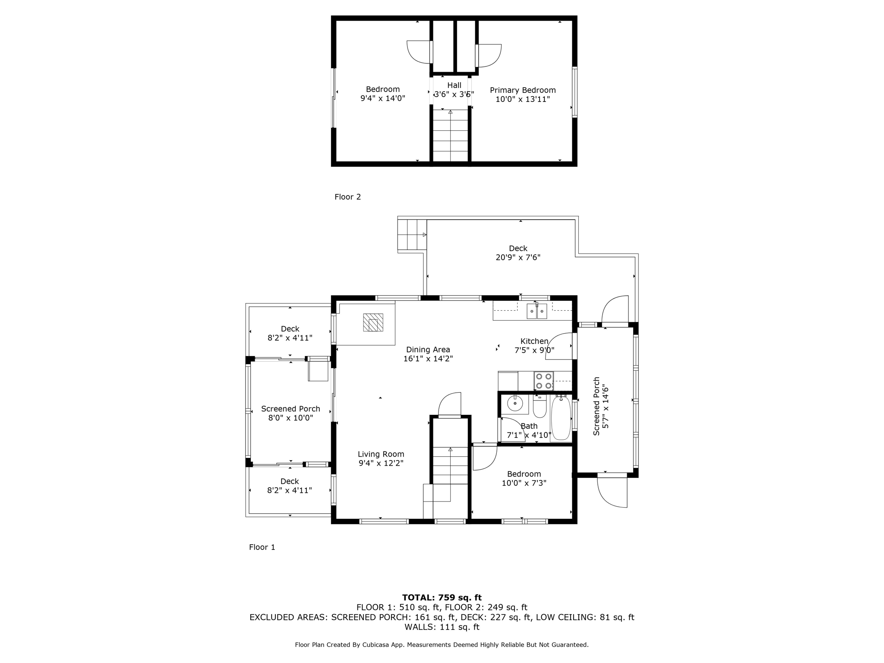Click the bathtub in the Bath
coord(561,418)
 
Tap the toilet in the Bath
coord(540,407)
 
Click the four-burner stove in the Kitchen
coord(543,381)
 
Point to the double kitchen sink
coord(537,311)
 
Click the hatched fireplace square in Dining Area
coord(373,322)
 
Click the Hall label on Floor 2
coord(454,85)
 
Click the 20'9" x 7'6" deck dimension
coord(518,258)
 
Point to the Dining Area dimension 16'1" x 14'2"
coord(428,359)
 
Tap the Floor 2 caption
coord(347,197)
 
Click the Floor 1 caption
coord(262,547)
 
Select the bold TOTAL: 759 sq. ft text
coord(442,598)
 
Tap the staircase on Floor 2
coord(450,136)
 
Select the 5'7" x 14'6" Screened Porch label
coord(601,406)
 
